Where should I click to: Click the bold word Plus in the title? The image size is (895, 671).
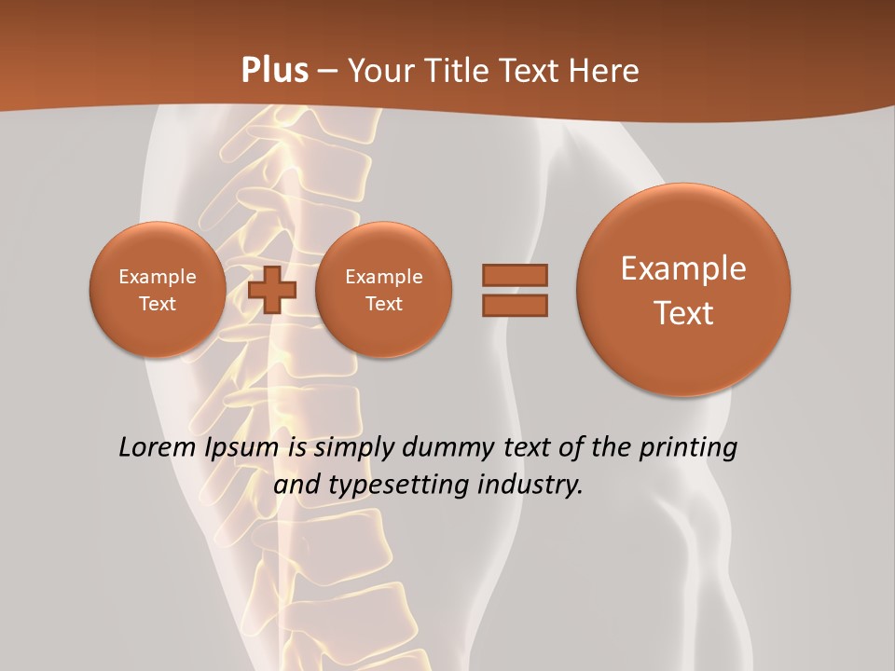pos(274,70)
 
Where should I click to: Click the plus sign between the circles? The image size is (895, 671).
pos(272,290)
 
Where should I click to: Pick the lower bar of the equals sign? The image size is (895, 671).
pos(515,305)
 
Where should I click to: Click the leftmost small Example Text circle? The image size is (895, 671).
pos(157,290)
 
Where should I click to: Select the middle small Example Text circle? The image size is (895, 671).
pos(383,290)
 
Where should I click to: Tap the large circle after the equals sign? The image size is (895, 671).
pos(683,289)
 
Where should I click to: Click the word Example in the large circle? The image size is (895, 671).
pos(683,268)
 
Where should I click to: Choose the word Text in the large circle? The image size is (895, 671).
pos(683,313)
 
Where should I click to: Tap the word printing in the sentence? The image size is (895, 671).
pos(688,448)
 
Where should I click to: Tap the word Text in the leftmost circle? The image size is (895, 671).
pos(157,304)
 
